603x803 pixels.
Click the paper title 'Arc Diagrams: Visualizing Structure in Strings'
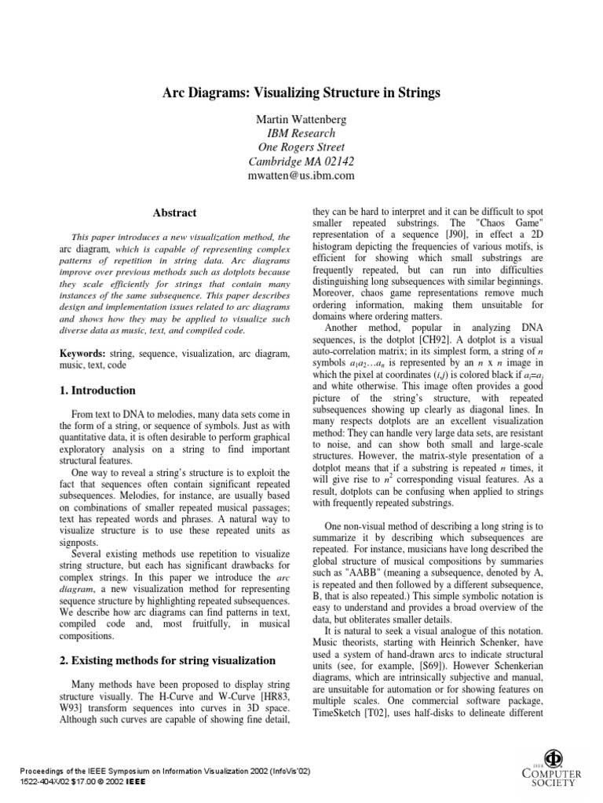tap(301, 93)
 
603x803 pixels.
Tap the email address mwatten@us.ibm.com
tap(301, 176)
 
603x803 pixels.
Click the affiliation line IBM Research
tap(301, 133)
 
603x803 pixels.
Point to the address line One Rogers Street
tap(301, 147)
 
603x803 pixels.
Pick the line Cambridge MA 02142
tap(301, 162)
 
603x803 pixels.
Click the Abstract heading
tap(174, 213)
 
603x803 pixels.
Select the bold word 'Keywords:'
tap(84, 354)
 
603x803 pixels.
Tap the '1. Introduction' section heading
tap(98, 391)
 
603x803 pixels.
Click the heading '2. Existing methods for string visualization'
tap(168, 660)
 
